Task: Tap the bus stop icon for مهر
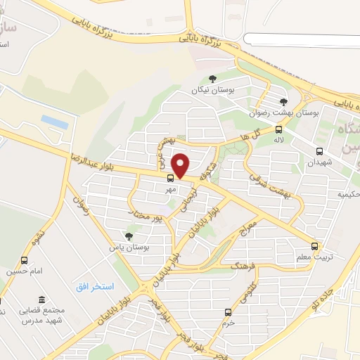(171, 177)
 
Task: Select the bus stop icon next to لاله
(279, 129)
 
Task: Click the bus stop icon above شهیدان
(320, 150)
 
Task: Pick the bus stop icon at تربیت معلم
(314, 246)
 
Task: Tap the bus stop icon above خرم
(227, 311)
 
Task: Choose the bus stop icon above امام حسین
(25, 261)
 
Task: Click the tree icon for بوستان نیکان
(212, 79)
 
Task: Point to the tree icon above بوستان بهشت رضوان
(283, 101)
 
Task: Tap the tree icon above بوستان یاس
(128, 237)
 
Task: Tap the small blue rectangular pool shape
(55, 121)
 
